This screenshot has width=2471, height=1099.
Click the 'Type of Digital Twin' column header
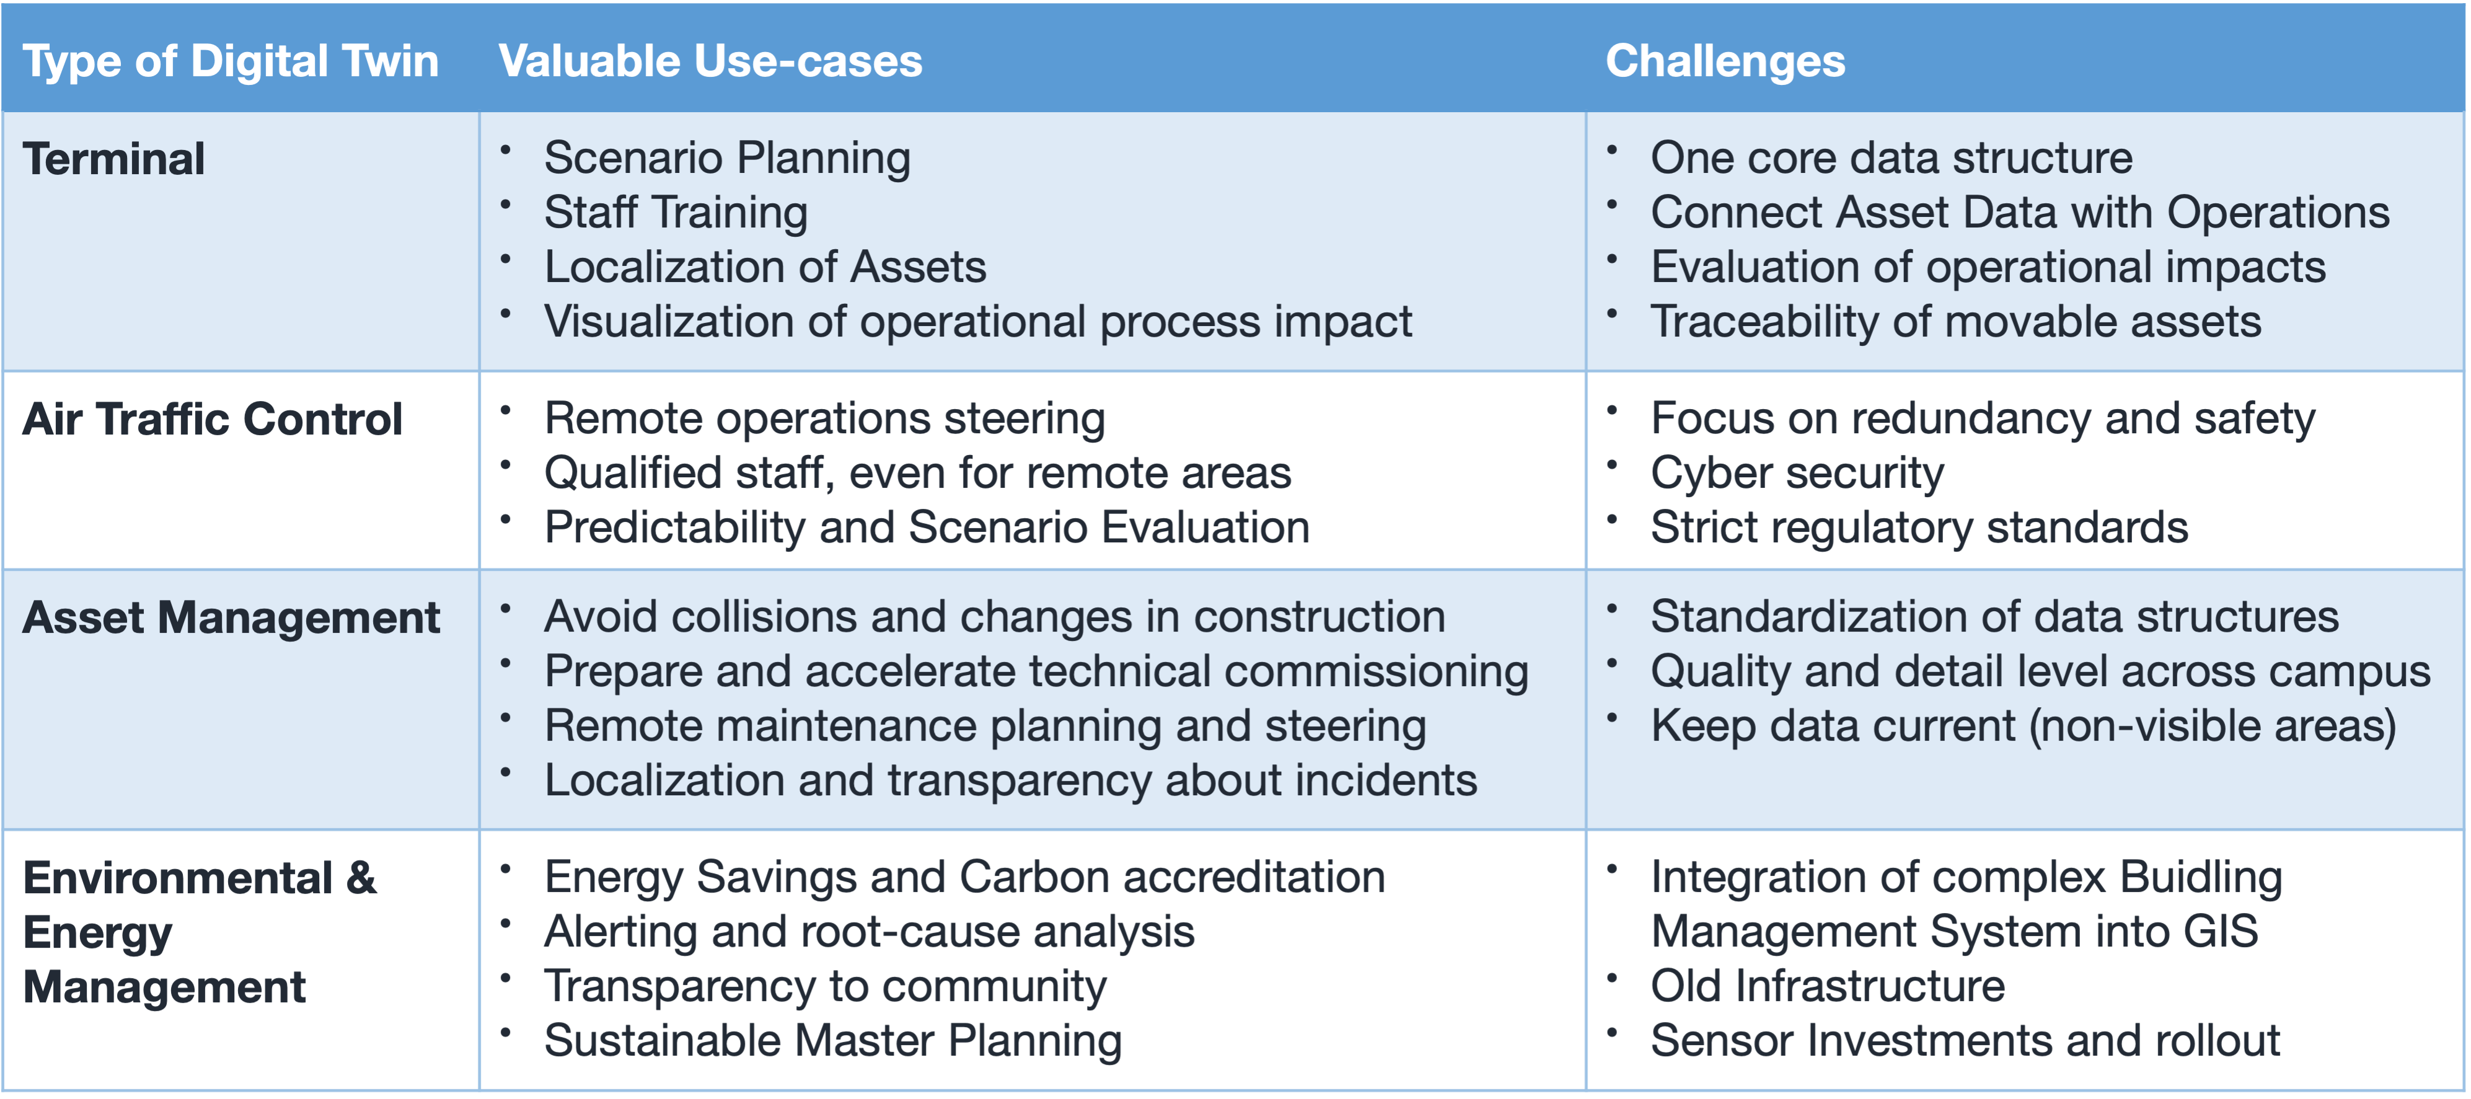(230, 61)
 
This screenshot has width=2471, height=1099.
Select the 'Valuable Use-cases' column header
(710, 61)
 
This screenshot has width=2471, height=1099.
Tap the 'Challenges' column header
(1725, 61)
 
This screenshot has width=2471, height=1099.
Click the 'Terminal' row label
(113, 159)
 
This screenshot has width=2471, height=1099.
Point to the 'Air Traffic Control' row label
(212, 419)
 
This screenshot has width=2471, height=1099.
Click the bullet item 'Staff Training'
(676, 213)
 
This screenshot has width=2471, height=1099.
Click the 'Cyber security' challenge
(1797, 473)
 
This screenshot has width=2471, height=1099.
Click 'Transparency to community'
(825, 987)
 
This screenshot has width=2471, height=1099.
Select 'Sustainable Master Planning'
(832, 1041)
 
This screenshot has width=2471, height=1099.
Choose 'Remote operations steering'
(825, 419)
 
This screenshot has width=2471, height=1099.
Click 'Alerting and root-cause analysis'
(869, 932)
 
